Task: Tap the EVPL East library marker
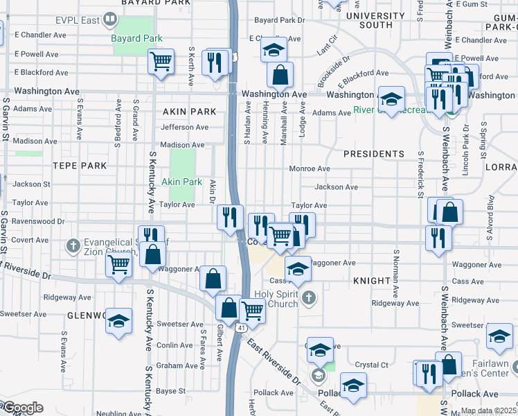pyautogui.click(x=109, y=19)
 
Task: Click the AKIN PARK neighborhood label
pyautogui.click(x=181, y=111)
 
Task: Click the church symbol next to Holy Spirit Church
pyautogui.click(x=310, y=297)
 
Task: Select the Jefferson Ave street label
pyautogui.click(x=184, y=127)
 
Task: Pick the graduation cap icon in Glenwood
pyautogui.click(x=119, y=322)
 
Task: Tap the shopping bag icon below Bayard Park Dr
pyautogui.click(x=280, y=74)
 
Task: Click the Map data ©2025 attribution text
pyautogui.click(x=488, y=410)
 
